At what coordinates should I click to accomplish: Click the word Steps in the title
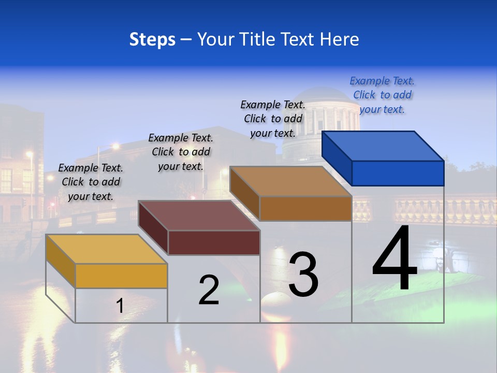(152, 39)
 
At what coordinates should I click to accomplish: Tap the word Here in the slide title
(340, 39)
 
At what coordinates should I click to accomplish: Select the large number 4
(394, 259)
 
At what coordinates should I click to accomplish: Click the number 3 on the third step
(303, 275)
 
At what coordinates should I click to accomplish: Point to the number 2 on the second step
(209, 290)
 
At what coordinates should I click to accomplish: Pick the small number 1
(120, 306)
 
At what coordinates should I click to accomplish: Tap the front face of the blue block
(398, 173)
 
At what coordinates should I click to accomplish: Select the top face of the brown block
(290, 181)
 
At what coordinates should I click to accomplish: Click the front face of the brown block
(305, 208)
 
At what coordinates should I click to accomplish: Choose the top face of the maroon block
(199, 216)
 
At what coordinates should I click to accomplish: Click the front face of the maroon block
(214, 242)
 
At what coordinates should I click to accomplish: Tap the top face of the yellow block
(106, 249)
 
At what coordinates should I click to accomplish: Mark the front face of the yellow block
(121, 276)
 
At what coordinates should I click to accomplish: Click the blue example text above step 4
(382, 95)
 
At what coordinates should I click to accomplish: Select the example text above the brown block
(273, 119)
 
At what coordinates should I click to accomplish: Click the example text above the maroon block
(181, 152)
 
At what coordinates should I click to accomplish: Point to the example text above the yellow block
(91, 182)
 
